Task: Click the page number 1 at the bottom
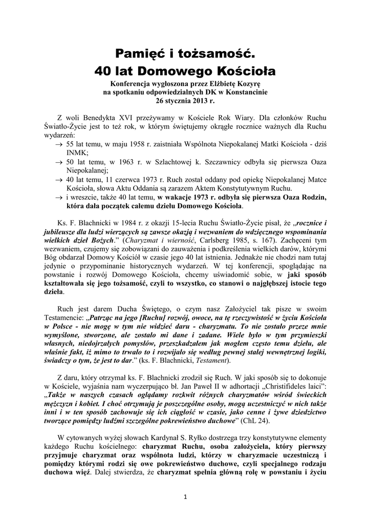click(186, 497)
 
